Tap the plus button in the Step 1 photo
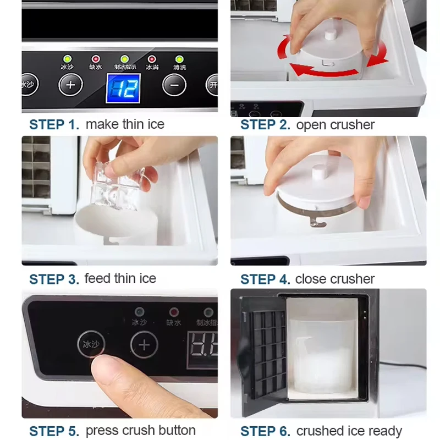click(x=70, y=85)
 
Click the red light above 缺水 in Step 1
click(x=96, y=59)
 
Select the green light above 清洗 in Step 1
click(x=179, y=59)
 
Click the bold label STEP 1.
click(x=54, y=125)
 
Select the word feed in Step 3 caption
click(x=97, y=279)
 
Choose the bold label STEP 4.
click(x=265, y=279)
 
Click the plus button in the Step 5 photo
click(x=144, y=345)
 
